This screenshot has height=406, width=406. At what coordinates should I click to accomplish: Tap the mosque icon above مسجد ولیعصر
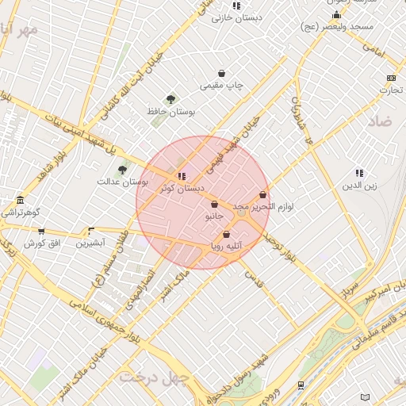point(336,14)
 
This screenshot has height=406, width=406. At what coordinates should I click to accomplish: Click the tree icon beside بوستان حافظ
point(171,99)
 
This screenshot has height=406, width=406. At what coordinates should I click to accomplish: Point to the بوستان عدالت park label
point(123,182)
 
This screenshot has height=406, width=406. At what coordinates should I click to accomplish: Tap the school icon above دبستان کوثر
point(182,176)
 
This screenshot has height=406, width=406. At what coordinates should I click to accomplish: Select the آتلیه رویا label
point(228,246)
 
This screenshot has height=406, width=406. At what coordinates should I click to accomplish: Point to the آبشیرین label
point(90,243)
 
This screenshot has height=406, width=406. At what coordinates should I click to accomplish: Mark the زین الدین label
point(358,186)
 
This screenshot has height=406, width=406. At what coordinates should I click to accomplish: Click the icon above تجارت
point(390,78)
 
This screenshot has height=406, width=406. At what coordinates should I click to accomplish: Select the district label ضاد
point(381,121)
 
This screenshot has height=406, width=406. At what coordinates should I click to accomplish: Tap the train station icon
point(301,385)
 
